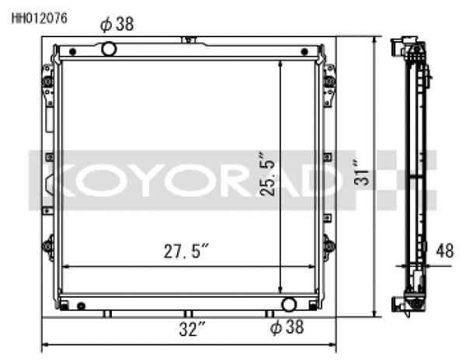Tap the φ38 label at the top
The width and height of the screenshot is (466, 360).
[117, 25]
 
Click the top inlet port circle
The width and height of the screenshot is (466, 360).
[109, 50]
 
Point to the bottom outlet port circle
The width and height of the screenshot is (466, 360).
[289, 303]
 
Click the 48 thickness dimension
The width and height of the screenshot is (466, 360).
[444, 251]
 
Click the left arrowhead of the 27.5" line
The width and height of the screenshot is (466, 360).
[64, 266]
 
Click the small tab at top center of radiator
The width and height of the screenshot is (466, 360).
[186, 39]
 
